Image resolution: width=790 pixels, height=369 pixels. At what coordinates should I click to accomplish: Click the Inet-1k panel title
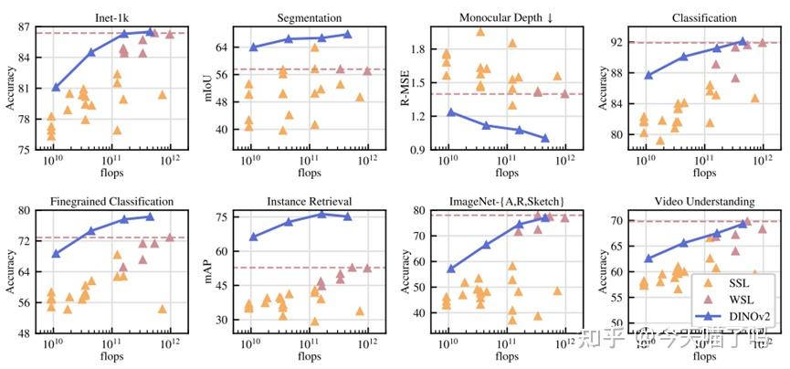(x=111, y=16)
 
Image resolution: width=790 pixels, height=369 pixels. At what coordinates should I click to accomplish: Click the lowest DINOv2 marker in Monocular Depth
(x=545, y=139)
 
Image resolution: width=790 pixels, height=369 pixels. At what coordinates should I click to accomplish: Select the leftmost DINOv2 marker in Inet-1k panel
(x=56, y=88)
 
